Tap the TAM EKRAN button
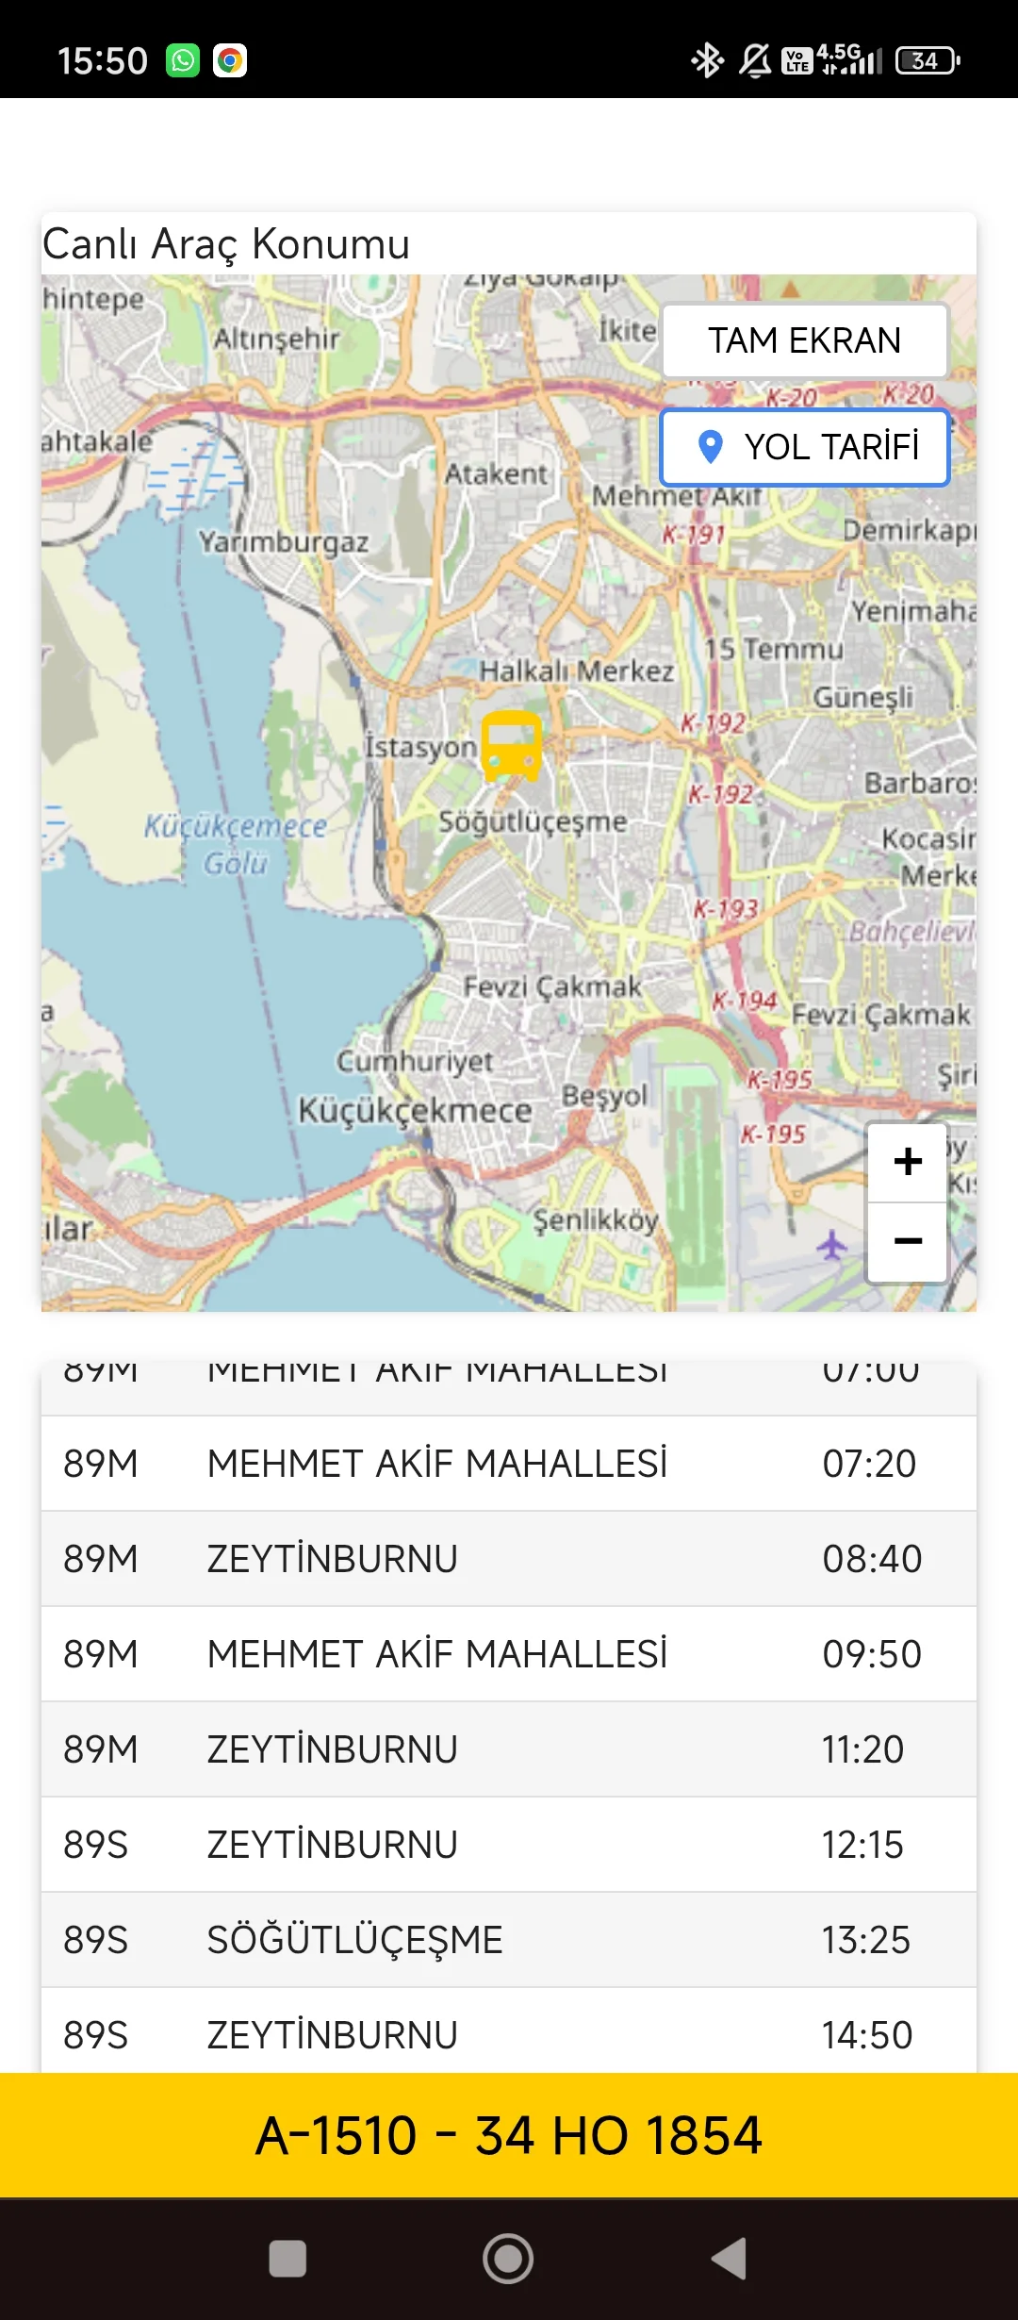point(804,340)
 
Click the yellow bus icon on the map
point(512,745)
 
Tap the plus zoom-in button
point(907,1162)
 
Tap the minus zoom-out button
point(907,1241)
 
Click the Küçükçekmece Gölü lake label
point(236,844)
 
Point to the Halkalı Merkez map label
point(576,671)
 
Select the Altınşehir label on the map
point(275,339)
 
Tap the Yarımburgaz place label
point(283,542)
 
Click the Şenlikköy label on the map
point(596,1220)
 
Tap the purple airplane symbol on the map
point(831,1245)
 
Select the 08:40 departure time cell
point(871,1559)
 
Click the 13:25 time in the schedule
point(865,1940)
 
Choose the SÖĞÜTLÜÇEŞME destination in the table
point(354,1940)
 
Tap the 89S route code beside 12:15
point(95,1845)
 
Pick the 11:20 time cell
point(862,1749)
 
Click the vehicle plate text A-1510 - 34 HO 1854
point(509,2135)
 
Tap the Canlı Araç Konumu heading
point(226,243)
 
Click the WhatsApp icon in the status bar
point(183,60)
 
